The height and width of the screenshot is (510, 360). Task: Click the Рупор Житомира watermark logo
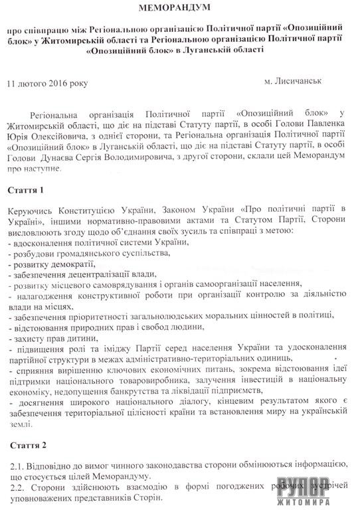click(x=323, y=488)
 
